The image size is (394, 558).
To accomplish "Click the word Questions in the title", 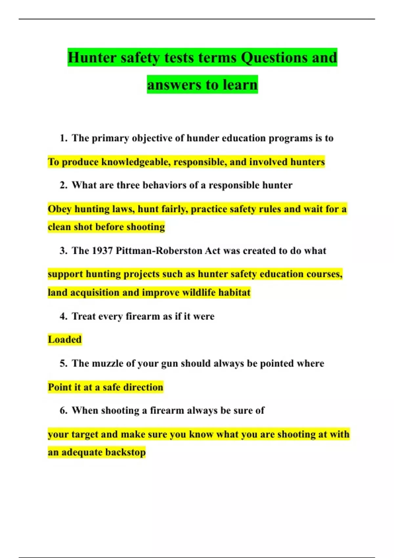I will (x=274, y=58).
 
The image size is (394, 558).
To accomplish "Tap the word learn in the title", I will (x=240, y=85).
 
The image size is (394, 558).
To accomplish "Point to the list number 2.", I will (x=63, y=185).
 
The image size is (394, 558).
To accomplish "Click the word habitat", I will (x=234, y=292).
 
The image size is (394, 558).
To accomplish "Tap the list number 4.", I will (x=63, y=316).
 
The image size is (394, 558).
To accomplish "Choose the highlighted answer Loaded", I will (x=65, y=339).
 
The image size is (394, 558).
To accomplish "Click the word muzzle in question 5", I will (x=108, y=363).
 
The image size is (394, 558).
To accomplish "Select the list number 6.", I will (x=63, y=410).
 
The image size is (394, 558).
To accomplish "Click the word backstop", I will (x=125, y=452).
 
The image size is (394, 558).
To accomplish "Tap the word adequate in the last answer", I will (x=82, y=452).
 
